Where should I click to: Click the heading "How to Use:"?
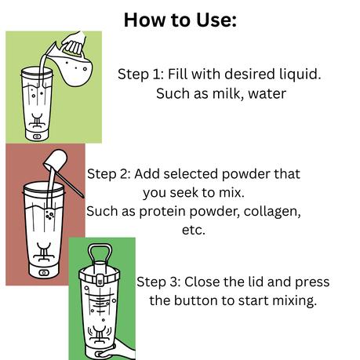[180, 20]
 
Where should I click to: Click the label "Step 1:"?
[143, 75]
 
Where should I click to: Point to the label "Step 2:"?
[111, 173]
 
